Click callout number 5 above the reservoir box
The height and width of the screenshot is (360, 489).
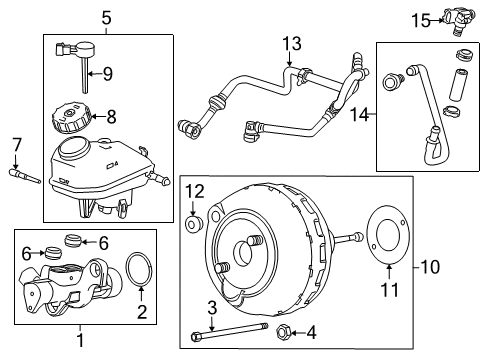pos(107,16)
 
